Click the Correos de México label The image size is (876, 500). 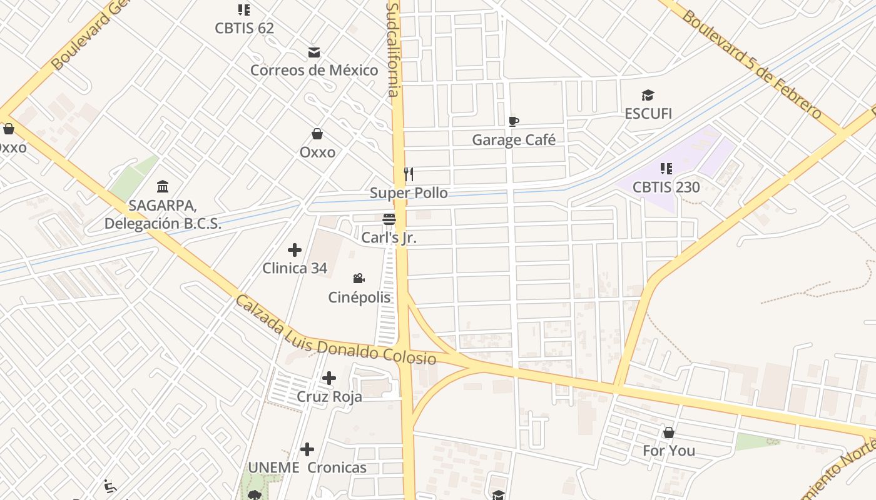point(314,70)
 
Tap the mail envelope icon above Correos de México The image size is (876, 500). point(314,52)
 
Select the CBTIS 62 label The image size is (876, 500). point(244,28)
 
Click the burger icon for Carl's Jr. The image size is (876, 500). point(389,219)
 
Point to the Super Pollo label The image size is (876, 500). point(409,192)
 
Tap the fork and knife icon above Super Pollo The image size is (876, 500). point(409,174)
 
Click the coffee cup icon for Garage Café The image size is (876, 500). point(514,121)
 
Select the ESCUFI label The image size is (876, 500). point(648,114)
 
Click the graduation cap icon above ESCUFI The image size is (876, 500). point(648,96)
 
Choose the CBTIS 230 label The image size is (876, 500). point(666,187)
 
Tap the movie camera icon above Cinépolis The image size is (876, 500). point(359,279)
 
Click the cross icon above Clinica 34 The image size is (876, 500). point(295,250)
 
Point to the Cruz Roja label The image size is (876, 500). point(329,397)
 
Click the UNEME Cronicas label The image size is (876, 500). point(307,467)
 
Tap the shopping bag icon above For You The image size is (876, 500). point(669,432)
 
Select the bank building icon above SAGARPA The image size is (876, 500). point(163,186)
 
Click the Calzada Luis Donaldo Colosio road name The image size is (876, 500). point(335,331)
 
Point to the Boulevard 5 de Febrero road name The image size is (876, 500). point(751,64)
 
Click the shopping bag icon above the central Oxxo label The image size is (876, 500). point(317,134)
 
